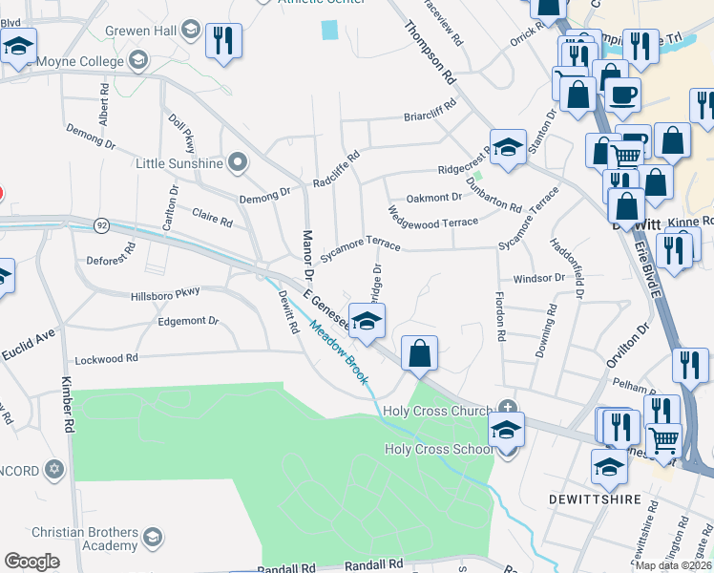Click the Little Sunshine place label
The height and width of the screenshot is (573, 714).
tap(179, 163)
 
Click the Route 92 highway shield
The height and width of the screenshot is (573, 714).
tap(101, 225)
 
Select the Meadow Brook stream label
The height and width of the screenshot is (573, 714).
tap(338, 352)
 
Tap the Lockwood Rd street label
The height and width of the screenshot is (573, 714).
tap(107, 358)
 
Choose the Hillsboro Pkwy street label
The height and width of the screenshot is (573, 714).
tap(166, 297)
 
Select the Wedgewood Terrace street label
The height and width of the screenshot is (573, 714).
tap(433, 216)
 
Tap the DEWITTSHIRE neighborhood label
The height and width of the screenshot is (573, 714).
tap(591, 499)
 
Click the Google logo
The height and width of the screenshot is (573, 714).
tap(31, 562)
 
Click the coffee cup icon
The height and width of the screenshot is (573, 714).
tap(622, 95)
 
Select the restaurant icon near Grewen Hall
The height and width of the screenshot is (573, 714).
tap(223, 40)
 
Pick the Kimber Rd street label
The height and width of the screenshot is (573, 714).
tap(67, 408)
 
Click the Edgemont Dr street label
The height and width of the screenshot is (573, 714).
tap(187, 322)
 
